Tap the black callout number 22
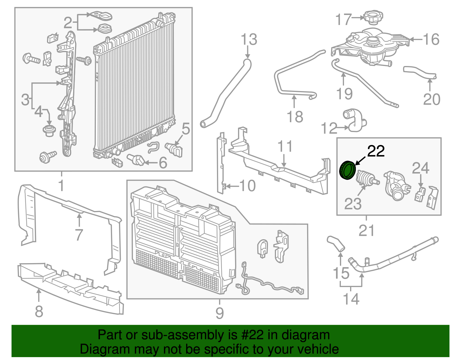tap(376, 151)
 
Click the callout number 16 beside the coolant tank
tap(431, 39)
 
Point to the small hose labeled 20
tap(420, 73)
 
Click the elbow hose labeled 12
tap(354, 120)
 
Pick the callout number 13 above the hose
tap(249, 39)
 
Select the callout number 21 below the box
tap(366, 231)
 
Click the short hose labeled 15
tap(336, 243)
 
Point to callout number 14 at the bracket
tap(351, 299)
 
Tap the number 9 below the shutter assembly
tap(220, 313)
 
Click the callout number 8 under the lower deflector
tap(39, 311)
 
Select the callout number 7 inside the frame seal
tap(79, 235)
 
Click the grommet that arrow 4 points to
tap(49, 130)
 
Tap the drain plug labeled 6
tap(136, 160)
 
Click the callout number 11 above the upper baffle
tap(285, 146)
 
